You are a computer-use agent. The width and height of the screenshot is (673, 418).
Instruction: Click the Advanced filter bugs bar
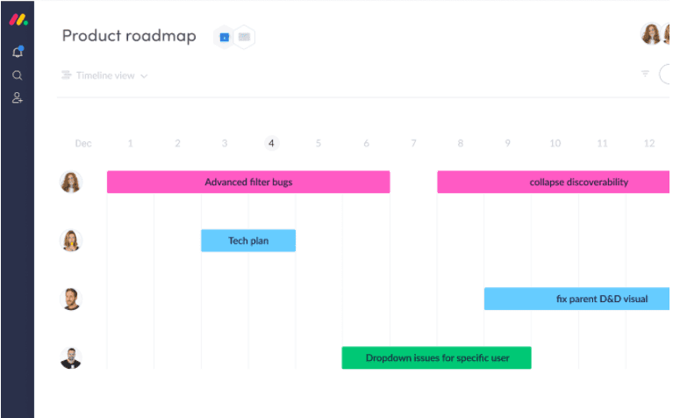[x=248, y=182]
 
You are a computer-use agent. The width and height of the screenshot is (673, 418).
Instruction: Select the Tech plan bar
[x=248, y=241]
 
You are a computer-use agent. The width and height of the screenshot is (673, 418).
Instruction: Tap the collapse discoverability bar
[x=554, y=182]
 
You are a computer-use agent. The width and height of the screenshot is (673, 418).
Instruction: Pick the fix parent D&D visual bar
[x=576, y=299]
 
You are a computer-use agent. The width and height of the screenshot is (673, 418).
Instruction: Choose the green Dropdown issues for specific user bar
[x=436, y=357]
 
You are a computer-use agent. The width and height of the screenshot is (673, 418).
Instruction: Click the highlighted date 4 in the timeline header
[x=271, y=143]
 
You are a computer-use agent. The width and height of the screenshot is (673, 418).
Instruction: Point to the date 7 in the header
[x=413, y=143]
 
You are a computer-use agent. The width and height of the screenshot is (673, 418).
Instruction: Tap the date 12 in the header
[x=649, y=143]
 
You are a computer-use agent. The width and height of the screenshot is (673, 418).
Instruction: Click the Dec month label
[x=83, y=143]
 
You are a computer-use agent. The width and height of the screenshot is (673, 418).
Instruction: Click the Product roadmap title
[x=129, y=36]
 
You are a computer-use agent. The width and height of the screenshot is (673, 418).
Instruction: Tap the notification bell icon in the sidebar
[x=18, y=52]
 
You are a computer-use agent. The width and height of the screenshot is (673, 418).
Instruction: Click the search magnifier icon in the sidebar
[x=18, y=76]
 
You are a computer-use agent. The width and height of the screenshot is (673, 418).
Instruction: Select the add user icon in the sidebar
[x=18, y=98]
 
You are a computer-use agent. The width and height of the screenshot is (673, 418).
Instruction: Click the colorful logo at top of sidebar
[x=18, y=20]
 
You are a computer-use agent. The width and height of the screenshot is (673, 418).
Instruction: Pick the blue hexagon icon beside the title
[x=224, y=38]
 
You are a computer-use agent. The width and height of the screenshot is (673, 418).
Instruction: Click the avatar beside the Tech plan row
[x=71, y=240]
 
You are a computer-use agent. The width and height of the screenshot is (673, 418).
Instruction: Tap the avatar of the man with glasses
[x=71, y=358]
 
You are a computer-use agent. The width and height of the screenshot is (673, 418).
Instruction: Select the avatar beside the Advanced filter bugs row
[x=71, y=182]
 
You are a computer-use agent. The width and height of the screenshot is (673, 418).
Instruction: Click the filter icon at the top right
[x=645, y=74]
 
